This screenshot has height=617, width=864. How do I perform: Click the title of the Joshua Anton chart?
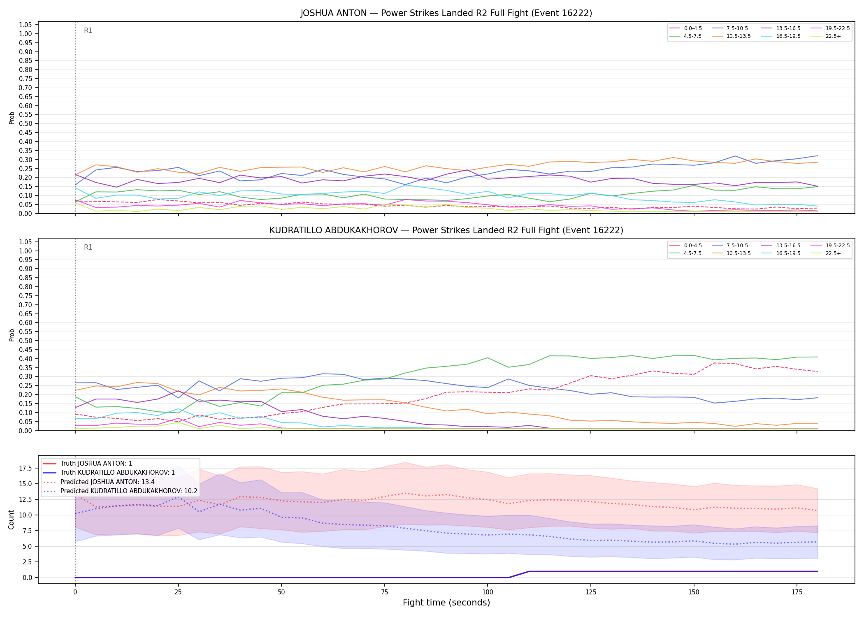pos(446,13)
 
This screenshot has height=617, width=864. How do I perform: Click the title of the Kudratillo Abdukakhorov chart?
pos(446,230)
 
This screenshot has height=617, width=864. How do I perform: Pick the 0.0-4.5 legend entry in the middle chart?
pos(685,246)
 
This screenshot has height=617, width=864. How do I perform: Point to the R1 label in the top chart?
pos(88,30)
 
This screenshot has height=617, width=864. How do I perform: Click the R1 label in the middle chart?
pos(88,247)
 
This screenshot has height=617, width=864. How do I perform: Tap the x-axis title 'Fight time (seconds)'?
pos(446,603)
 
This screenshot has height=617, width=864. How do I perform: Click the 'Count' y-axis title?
pos(11,520)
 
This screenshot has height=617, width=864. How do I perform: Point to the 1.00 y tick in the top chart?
pos(26,34)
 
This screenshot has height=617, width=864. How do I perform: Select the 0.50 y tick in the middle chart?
pos(26,341)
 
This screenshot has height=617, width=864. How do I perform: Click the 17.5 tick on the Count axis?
pos(26,468)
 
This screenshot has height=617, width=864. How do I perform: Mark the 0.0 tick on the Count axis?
pos(28,578)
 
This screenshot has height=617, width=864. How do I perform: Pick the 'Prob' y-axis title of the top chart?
pos(12,118)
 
